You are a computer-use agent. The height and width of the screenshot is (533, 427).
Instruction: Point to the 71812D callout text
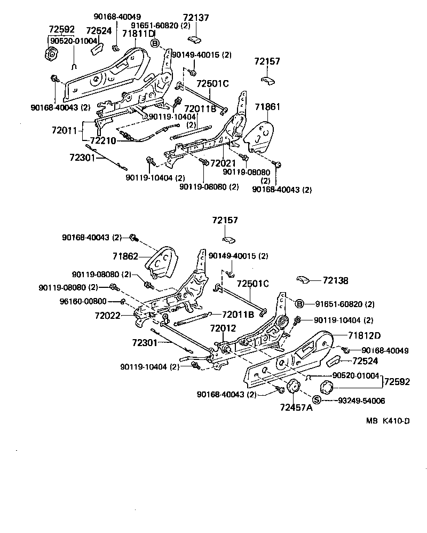point(365,335)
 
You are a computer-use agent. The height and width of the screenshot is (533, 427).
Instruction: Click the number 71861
point(267,107)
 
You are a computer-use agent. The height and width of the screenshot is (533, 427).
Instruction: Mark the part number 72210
point(103,140)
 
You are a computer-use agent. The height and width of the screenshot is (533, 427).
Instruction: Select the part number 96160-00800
point(83,301)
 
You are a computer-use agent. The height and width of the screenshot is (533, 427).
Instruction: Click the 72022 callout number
point(108,316)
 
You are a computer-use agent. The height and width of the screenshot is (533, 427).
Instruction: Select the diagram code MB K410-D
point(388,421)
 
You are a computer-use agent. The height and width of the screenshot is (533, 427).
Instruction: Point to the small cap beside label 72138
point(304,279)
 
